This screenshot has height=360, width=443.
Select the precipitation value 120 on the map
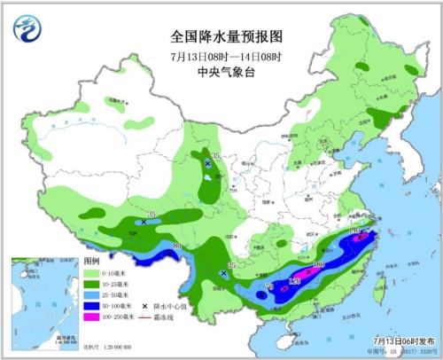pyautogui.click(x=295, y=282)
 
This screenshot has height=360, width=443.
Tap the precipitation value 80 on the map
pyautogui.click(x=177, y=246)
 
